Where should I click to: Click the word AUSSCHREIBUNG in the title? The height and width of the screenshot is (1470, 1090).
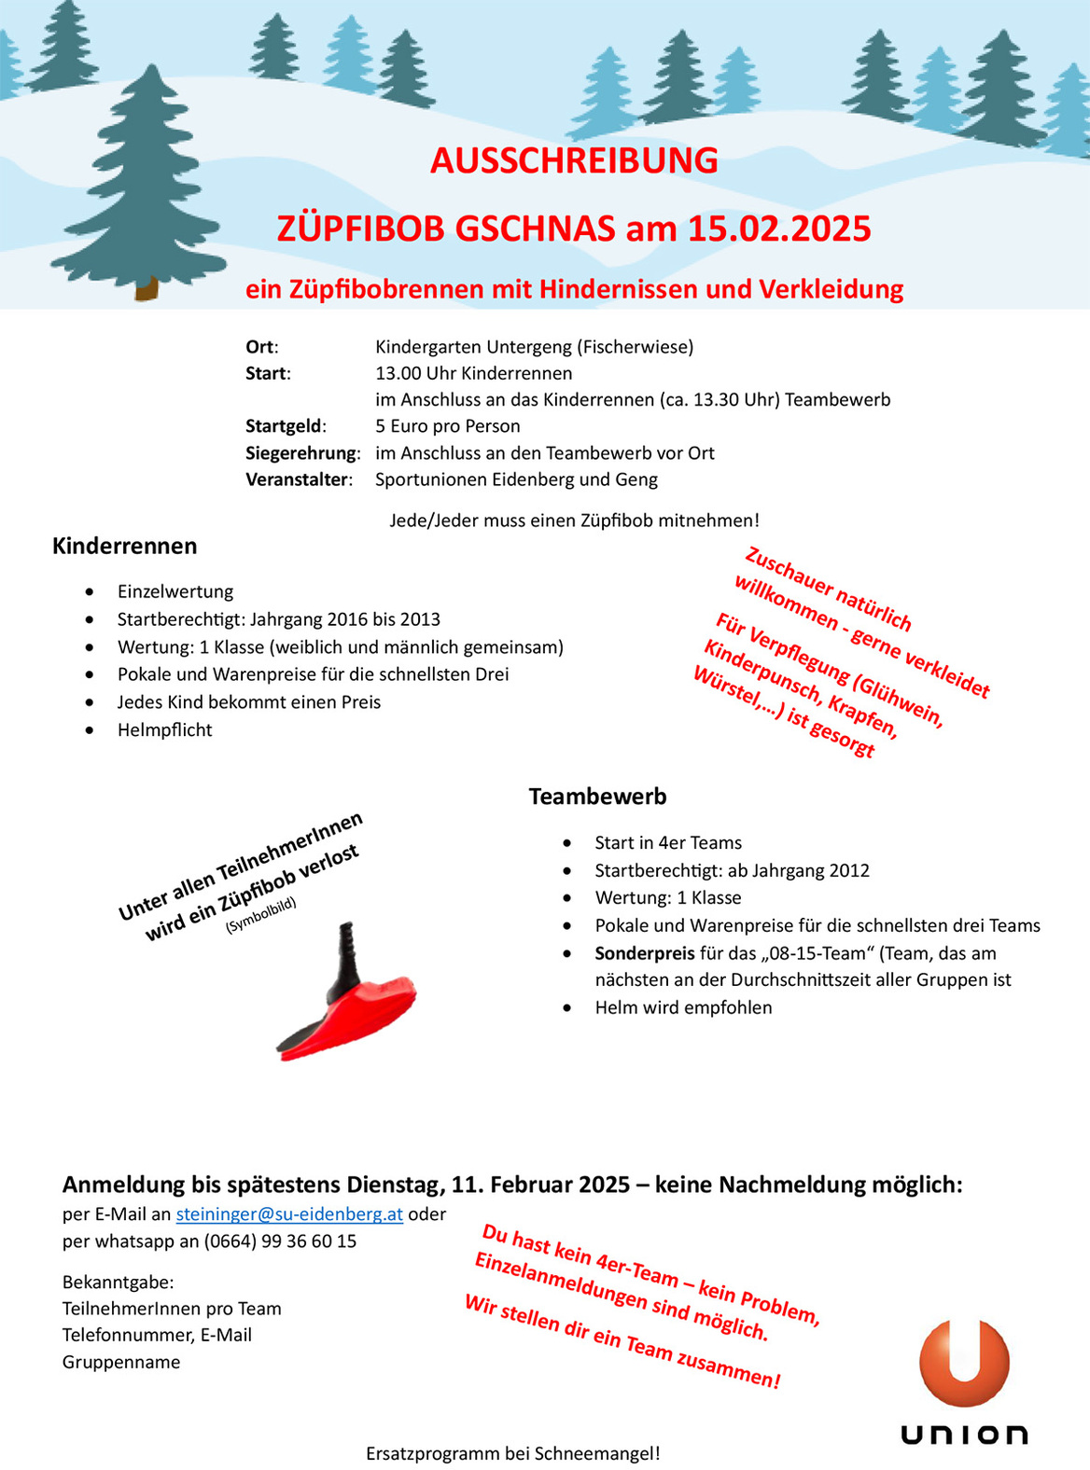click(x=574, y=161)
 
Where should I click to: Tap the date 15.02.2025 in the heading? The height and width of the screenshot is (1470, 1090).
click(x=779, y=229)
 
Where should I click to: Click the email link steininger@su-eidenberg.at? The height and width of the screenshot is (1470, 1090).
click(x=289, y=1214)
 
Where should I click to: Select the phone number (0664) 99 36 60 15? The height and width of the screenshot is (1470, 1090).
click(x=280, y=1241)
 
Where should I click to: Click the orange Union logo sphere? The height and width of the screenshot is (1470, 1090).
click(x=964, y=1363)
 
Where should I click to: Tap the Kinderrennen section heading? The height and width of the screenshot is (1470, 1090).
click(x=124, y=546)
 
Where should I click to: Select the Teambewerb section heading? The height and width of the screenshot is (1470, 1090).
click(x=597, y=797)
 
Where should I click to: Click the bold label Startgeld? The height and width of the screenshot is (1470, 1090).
click(x=285, y=426)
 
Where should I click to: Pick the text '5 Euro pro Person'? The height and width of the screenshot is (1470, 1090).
click(x=448, y=426)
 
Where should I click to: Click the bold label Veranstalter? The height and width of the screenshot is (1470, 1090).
click(x=298, y=479)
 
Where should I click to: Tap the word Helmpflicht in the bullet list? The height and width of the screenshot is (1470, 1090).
click(x=164, y=729)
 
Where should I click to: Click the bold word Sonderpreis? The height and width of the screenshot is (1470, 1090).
click(x=645, y=953)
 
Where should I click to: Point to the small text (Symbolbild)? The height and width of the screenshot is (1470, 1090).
click(x=260, y=915)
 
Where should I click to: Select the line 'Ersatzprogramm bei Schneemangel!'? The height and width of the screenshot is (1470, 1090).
click(x=512, y=1453)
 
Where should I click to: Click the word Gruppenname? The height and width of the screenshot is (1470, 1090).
click(x=121, y=1362)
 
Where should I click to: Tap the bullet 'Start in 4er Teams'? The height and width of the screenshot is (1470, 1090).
click(x=668, y=843)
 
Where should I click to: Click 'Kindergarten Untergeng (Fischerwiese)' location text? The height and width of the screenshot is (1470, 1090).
click(x=534, y=347)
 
